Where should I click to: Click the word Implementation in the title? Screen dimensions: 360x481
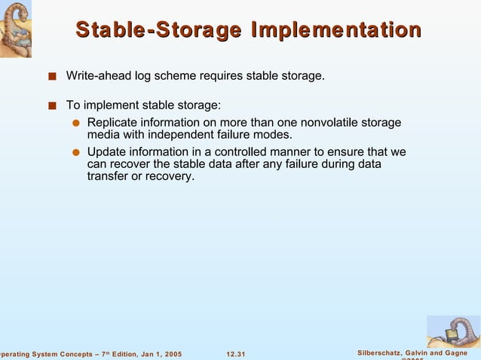click(335, 30)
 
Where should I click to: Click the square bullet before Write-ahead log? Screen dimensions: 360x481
click(51, 77)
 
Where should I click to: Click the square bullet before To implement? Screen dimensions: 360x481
click(51, 106)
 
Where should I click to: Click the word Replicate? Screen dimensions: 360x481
click(113, 123)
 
